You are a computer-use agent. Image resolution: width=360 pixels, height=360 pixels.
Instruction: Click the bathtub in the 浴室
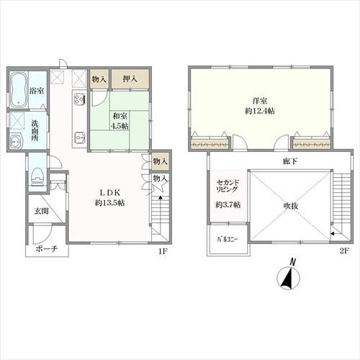(19, 90)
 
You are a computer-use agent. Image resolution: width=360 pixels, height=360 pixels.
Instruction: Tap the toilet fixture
(37, 176)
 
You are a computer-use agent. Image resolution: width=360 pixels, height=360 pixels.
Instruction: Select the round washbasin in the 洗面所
(16, 141)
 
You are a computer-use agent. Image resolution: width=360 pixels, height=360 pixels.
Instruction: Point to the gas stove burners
(79, 99)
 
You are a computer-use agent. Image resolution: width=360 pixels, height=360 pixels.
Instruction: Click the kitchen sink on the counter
(79, 138)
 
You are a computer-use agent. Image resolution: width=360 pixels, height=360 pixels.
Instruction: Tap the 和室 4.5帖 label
(120, 121)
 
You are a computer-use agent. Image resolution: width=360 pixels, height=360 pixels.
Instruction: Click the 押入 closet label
(130, 78)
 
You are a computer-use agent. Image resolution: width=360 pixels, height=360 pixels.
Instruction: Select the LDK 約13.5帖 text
(109, 197)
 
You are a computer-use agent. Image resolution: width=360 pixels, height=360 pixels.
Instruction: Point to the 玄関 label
(42, 211)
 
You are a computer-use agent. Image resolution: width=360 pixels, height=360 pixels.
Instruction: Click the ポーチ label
(47, 249)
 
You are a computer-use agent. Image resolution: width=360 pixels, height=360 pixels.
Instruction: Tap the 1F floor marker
(162, 251)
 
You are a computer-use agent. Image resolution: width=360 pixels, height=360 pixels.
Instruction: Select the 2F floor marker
(344, 251)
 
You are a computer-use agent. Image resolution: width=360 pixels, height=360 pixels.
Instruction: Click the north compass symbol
(289, 276)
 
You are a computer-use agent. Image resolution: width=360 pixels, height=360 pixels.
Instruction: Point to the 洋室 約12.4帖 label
(260, 106)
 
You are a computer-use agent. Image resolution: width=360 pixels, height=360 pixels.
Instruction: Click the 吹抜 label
(291, 206)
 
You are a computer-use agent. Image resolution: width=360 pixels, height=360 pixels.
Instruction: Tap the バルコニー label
(228, 239)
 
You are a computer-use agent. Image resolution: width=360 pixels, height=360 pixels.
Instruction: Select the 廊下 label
(290, 161)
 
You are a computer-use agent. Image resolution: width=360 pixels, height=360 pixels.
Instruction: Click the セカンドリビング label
(228, 186)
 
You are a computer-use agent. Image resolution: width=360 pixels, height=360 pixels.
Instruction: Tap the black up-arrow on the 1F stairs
(161, 198)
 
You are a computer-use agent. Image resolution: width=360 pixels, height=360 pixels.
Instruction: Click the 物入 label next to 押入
(99, 78)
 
